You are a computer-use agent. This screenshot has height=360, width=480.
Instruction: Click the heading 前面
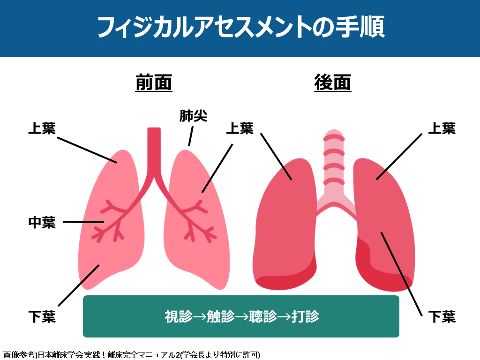tap(154, 83)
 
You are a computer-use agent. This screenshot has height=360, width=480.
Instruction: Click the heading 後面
tap(333, 83)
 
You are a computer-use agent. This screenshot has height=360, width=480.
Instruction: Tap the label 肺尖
tap(193, 116)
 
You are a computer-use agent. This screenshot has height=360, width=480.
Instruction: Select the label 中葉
tap(42, 222)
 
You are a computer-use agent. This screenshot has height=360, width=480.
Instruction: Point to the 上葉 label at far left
tap(42, 128)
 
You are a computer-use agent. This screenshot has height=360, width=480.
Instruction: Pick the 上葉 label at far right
tap(442, 128)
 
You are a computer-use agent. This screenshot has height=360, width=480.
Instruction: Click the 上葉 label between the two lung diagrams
tap(240, 128)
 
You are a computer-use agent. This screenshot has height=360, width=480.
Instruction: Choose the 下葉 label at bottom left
tap(42, 316)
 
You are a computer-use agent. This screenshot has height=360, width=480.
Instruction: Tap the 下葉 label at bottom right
tap(442, 316)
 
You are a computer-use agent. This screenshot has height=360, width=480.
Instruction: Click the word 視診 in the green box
tap(179, 316)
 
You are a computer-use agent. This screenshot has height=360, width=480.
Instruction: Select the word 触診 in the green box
tap(220, 316)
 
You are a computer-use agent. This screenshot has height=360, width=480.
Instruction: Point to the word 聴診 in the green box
tap(262, 316)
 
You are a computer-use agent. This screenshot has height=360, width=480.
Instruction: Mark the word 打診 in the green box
tap(305, 316)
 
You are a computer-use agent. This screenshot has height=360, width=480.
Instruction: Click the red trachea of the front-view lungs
tap(154, 150)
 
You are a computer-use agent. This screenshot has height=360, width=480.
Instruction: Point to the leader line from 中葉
tap(83, 222)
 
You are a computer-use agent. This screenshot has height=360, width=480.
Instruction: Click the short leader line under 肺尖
tap(190, 139)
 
